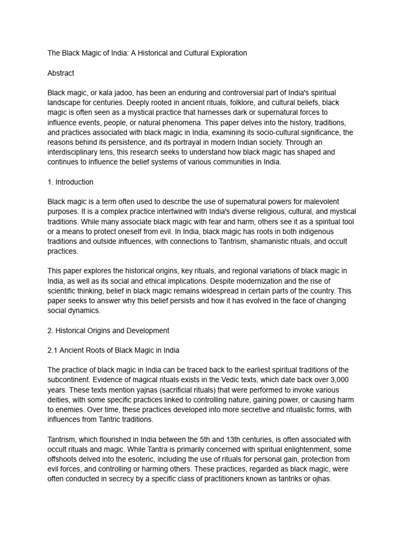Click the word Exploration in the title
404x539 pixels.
228,53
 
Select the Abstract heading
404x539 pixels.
61,73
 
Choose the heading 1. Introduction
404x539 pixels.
70,182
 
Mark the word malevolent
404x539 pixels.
320,202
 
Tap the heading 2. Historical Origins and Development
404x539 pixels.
108,331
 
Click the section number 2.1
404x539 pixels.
53,350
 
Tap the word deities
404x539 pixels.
59,400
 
